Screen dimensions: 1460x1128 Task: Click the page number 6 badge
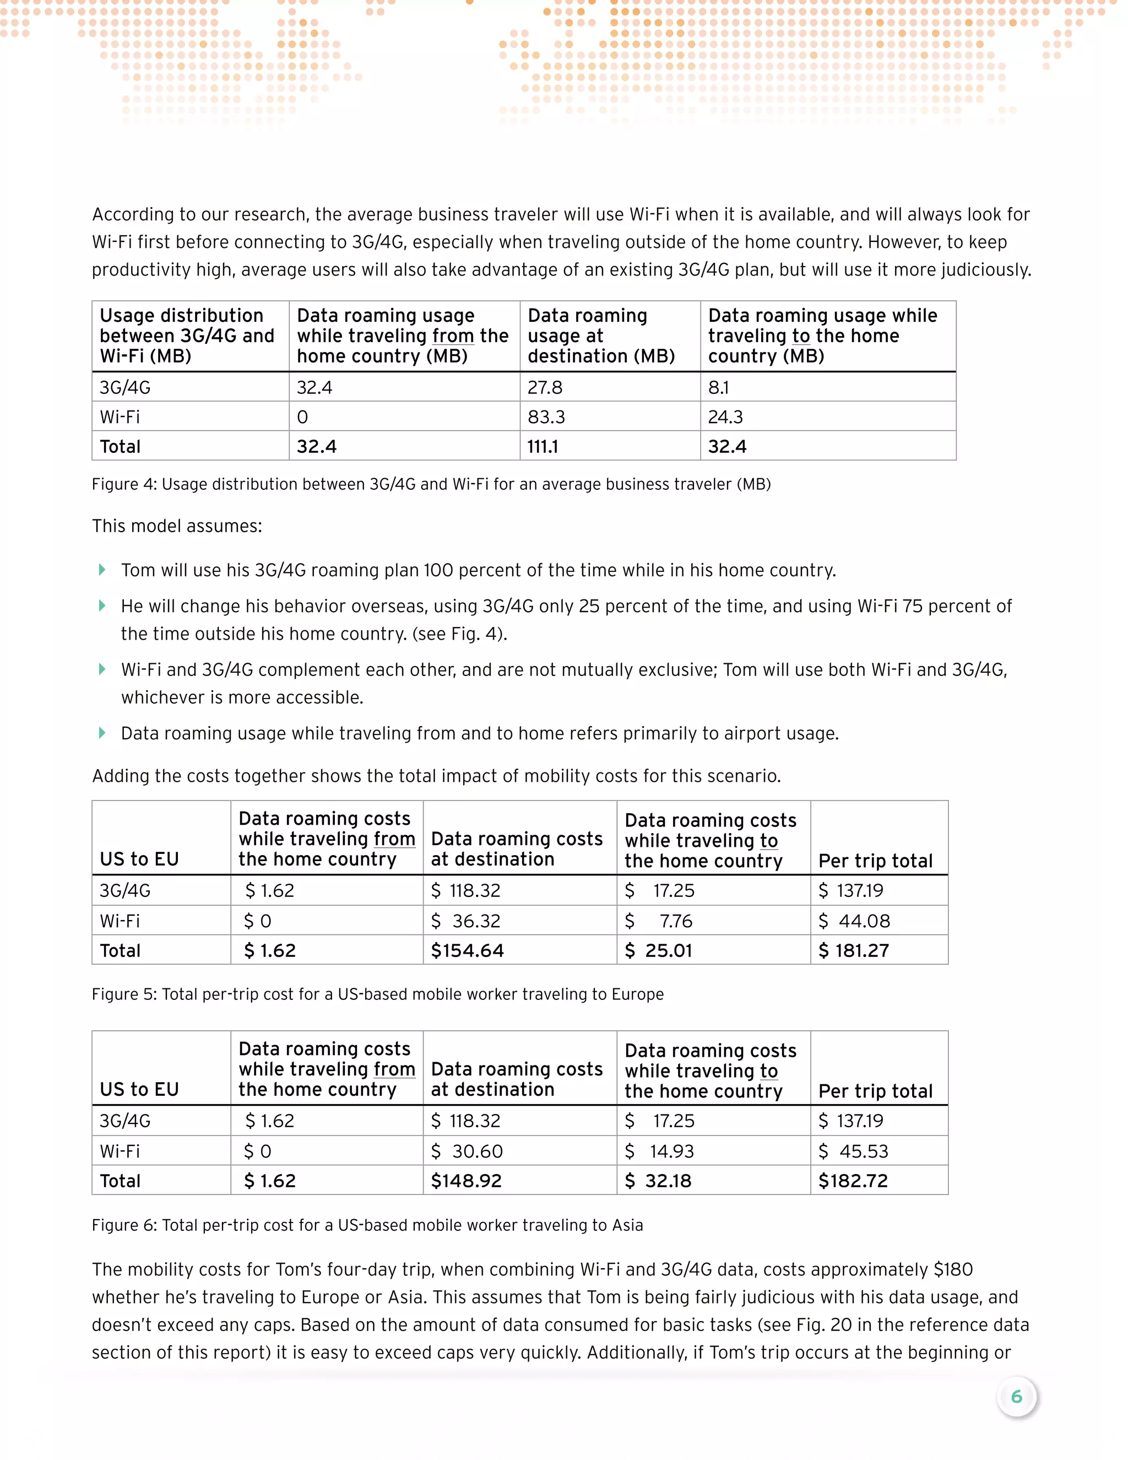click(1016, 1397)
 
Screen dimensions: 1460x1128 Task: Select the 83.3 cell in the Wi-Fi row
click(546, 417)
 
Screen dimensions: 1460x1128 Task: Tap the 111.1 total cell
click(543, 447)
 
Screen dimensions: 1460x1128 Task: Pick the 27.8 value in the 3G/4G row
click(545, 388)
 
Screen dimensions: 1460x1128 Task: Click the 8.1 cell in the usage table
click(718, 388)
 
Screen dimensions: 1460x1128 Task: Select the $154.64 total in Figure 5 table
click(467, 950)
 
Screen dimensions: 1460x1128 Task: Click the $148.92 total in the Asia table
click(466, 1181)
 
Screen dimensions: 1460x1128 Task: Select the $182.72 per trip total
click(853, 1181)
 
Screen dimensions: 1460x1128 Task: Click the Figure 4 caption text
click(431, 484)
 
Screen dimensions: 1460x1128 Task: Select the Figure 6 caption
click(367, 1225)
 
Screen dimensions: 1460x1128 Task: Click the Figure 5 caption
click(377, 994)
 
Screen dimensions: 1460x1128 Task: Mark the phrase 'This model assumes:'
click(177, 526)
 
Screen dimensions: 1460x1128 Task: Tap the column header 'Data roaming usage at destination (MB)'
click(601, 336)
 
